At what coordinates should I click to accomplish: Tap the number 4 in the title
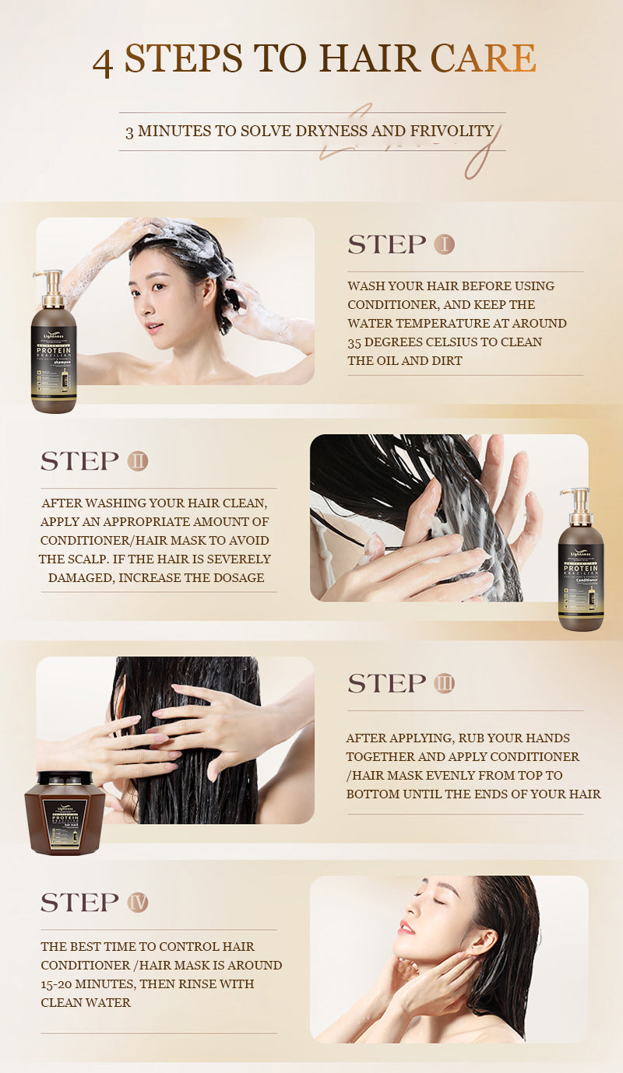tap(103, 62)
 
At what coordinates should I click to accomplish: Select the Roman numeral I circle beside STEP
tap(444, 244)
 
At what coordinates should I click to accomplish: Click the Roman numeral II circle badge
tap(137, 461)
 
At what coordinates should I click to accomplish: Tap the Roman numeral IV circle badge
tap(137, 903)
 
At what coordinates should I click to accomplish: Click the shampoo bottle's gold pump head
tap(51, 280)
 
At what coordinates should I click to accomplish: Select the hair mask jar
tap(65, 812)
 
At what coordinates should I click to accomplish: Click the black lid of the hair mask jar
tap(65, 779)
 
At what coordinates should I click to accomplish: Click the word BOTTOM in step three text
tap(372, 794)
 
